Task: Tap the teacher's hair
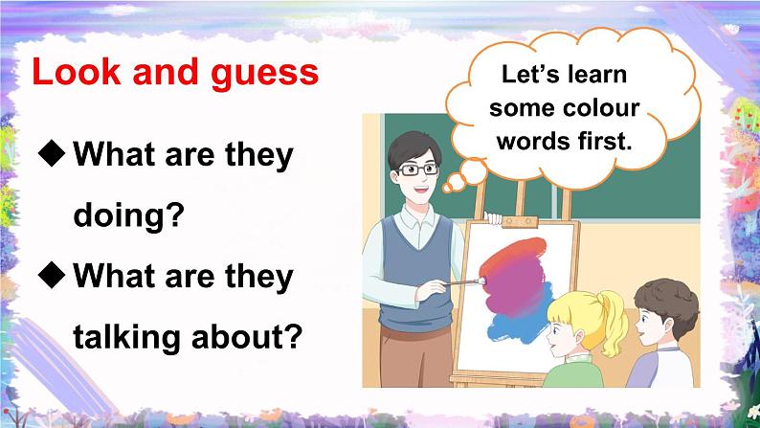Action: tap(413, 144)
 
